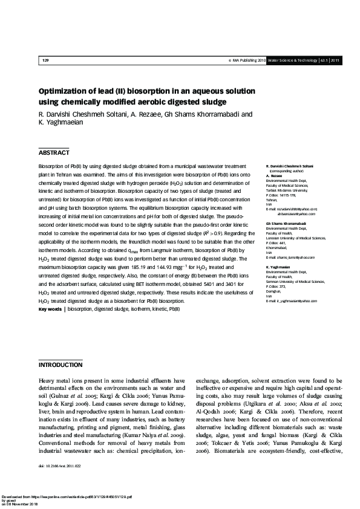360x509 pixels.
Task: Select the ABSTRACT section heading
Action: point(54,153)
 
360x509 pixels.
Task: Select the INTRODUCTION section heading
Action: point(61,366)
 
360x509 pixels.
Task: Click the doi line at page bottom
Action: point(59,467)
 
